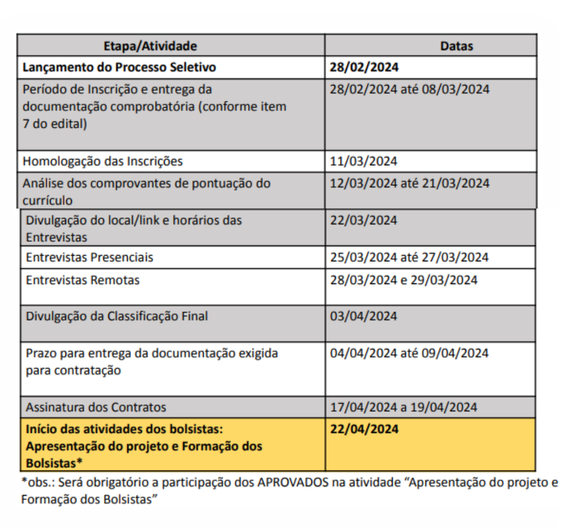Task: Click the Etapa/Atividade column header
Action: pos(150,46)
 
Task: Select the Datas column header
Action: pos(457,46)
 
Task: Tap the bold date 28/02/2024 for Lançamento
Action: pos(364,68)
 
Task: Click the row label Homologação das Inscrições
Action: pos(103,161)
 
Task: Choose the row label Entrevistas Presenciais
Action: pos(90,258)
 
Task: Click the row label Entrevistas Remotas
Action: pos(83,280)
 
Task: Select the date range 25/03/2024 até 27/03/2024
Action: pos(409,258)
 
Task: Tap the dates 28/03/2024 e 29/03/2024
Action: pos(404,280)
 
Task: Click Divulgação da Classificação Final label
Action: pos(117,316)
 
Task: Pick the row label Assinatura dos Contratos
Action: pos(96,407)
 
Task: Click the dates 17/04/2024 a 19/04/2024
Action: pos(404,407)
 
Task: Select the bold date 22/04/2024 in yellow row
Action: pos(364,429)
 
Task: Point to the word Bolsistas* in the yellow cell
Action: pos(52,463)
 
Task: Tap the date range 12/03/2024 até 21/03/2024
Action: pos(410,183)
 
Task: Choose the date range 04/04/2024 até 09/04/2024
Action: pos(410,353)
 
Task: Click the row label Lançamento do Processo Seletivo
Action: pos(119,68)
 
